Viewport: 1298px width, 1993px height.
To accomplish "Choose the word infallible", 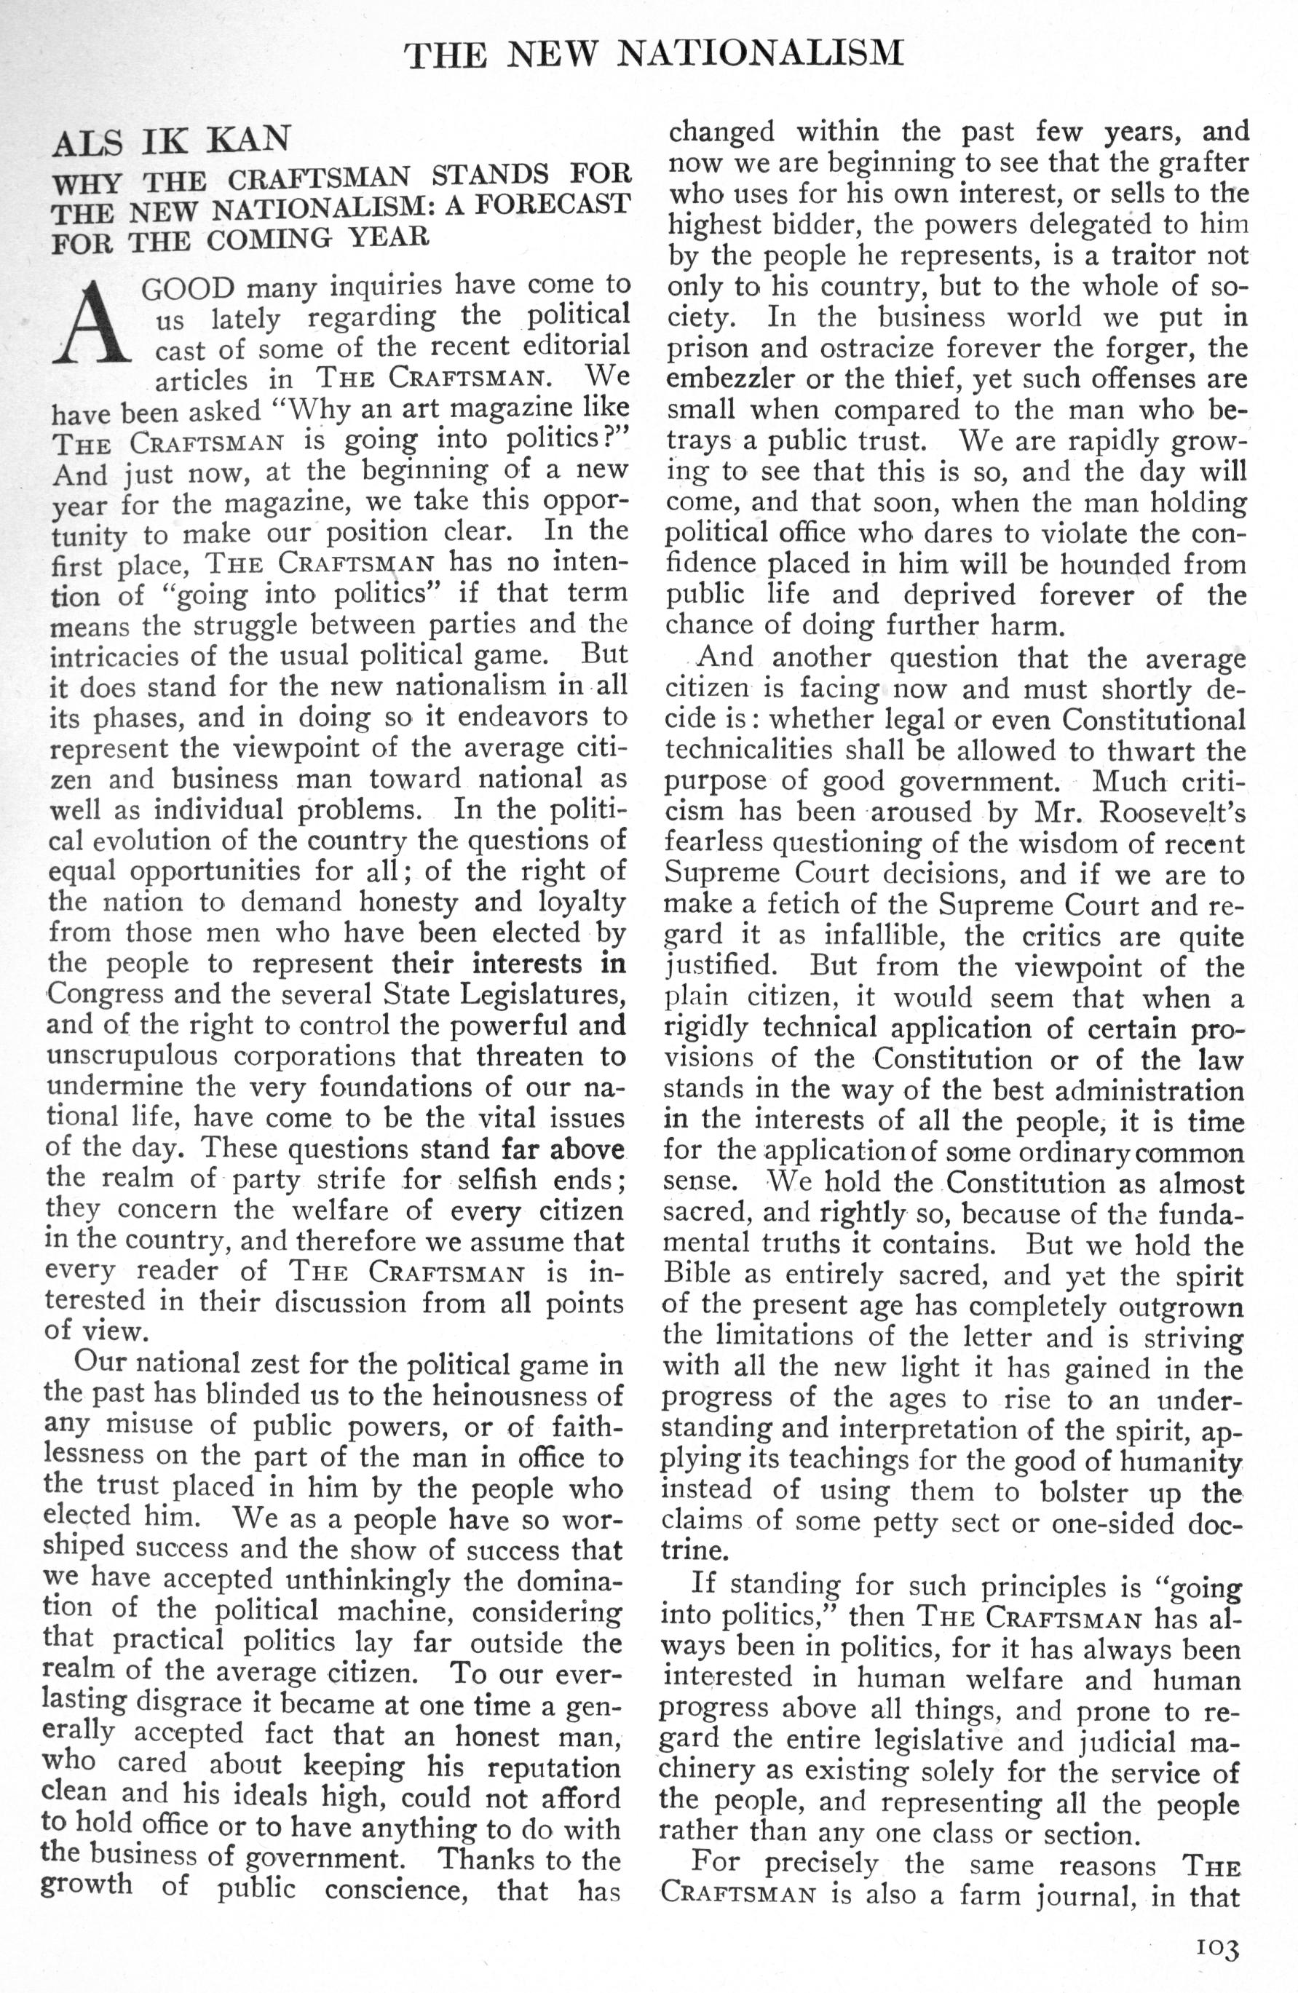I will click(882, 935).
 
